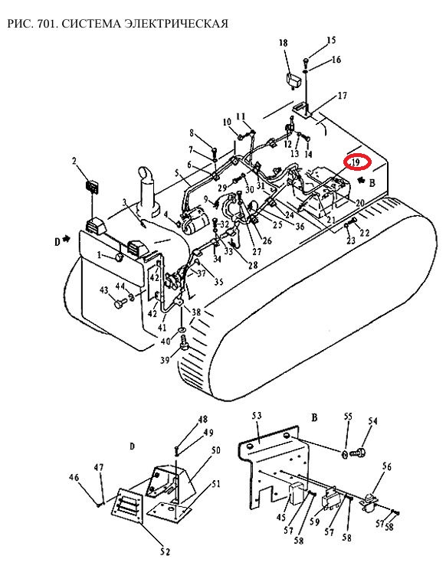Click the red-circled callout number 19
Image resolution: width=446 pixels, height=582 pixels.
[356, 162]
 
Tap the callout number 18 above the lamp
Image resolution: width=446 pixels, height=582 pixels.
[284, 43]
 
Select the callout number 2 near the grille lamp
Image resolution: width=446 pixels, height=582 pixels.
[74, 161]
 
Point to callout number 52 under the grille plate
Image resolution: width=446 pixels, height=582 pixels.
[166, 552]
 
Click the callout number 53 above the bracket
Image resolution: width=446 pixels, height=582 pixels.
[257, 415]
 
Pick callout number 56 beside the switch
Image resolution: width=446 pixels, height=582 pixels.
[386, 466]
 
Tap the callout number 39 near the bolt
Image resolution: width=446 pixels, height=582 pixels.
[166, 360]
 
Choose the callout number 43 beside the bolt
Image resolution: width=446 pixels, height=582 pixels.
[103, 290]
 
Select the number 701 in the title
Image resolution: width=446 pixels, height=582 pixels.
[46, 24]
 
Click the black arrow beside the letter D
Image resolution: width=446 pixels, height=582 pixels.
[66, 240]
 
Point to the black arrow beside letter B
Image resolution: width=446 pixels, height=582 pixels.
[360, 181]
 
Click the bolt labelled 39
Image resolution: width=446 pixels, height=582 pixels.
[185, 343]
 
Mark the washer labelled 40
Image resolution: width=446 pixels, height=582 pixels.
[182, 329]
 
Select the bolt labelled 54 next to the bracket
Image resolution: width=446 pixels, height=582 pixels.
[359, 452]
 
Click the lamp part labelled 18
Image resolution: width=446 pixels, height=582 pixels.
[293, 80]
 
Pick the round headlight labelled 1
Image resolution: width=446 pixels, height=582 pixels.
[120, 257]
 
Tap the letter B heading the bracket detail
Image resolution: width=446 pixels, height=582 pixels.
[314, 418]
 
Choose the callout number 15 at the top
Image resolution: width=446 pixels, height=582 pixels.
[331, 40]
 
